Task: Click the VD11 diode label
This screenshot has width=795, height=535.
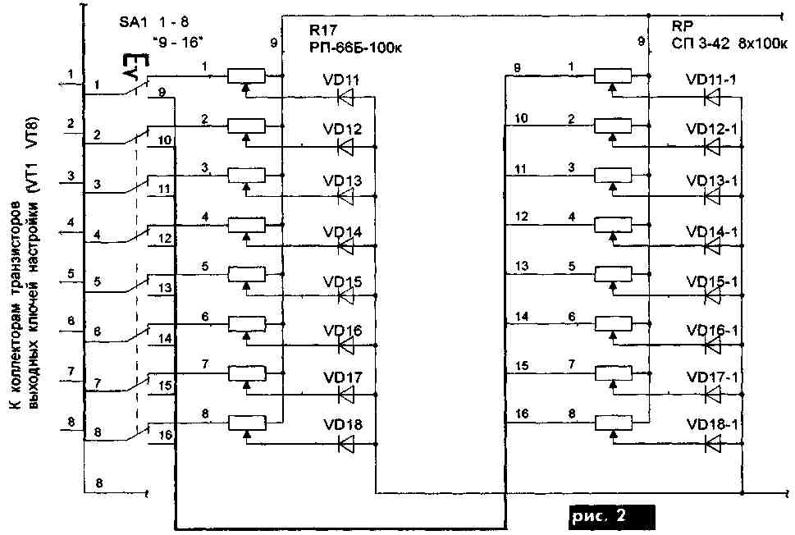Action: click(x=342, y=80)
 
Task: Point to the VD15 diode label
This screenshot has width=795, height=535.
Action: click(x=342, y=282)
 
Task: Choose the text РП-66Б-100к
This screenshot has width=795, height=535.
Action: click(x=358, y=47)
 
